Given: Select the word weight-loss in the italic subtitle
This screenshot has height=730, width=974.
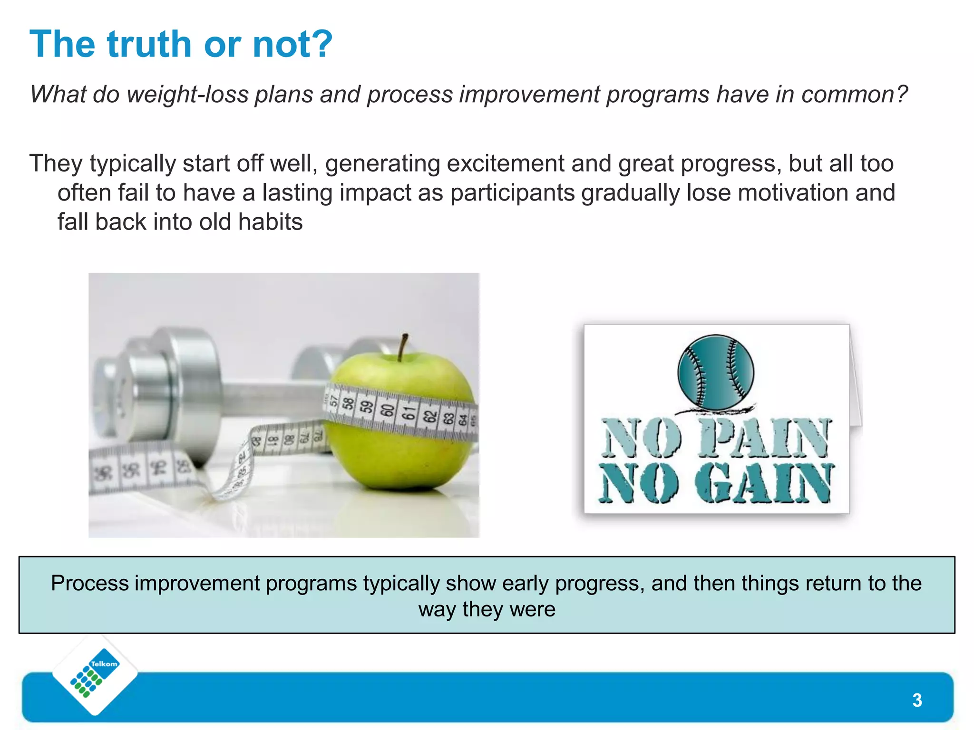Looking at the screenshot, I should (188, 94).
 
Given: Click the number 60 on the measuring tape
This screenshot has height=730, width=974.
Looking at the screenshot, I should (388, 410).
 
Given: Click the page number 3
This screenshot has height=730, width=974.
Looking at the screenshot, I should (917, 700).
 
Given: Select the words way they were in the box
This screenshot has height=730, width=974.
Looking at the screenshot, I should (487, 609).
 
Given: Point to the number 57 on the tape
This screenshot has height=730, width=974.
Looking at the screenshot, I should (334, 401).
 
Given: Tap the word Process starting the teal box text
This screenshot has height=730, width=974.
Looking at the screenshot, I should (90, 584).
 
